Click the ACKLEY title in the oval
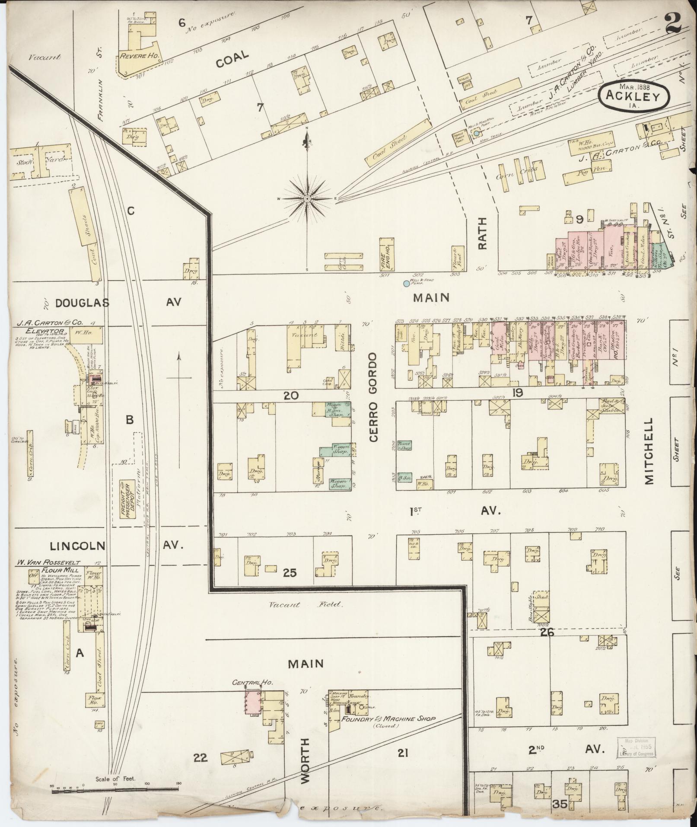pos(633,96)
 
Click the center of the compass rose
pos(307,198)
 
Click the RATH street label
pos(482,233)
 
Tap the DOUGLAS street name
pos(76,303)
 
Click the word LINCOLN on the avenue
pos(77,546)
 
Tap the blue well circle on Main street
pos(406,284)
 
